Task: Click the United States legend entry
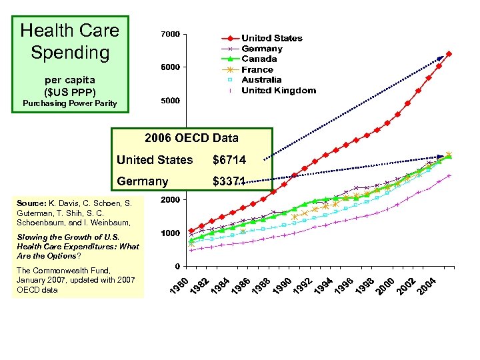[x=271, y=38]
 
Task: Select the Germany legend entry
[x=261, y=49]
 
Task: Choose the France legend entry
[x=257, y=69]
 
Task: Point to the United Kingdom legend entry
[x=278, y=91]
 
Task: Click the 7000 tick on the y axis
[x=171, y=34]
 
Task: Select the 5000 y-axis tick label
[x=171, y=101]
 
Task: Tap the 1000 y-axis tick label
[x=171, y=233]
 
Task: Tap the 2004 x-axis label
[x=427, y=287]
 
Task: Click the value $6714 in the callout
[x=229, y=160]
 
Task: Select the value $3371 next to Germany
[x=229, y=181]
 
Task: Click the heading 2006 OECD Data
[x=192, y=139]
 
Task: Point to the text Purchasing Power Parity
[x=69, y=103]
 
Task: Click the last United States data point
[x=449, y=54]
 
